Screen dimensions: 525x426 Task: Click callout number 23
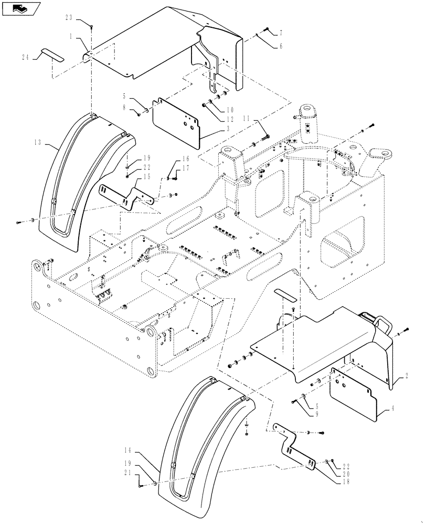coord(69,17)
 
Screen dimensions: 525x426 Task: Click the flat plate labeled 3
coord(176,118)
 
